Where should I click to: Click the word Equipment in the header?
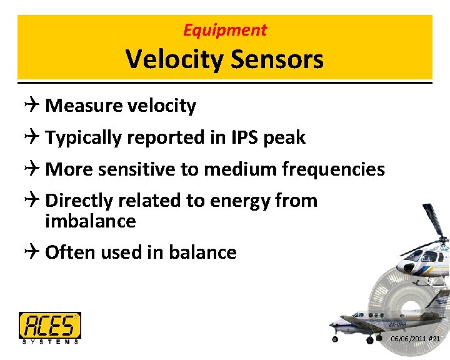225,29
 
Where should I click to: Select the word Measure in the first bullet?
84,106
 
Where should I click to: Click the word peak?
284,137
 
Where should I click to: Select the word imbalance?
91,221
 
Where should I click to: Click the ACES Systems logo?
50,327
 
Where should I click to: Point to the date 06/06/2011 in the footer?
408,339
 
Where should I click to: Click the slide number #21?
435,339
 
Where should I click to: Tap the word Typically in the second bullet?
84,137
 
